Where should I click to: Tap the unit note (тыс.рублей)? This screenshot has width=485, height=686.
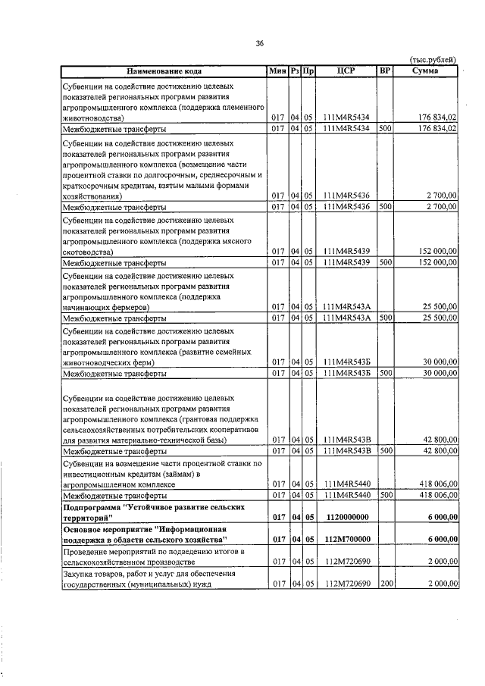433,59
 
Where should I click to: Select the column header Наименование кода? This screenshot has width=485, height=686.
164,71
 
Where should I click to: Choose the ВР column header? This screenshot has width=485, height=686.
385,71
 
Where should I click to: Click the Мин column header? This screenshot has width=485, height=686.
277,71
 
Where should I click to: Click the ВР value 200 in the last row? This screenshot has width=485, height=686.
385,584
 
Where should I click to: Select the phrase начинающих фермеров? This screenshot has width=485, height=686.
105,307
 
